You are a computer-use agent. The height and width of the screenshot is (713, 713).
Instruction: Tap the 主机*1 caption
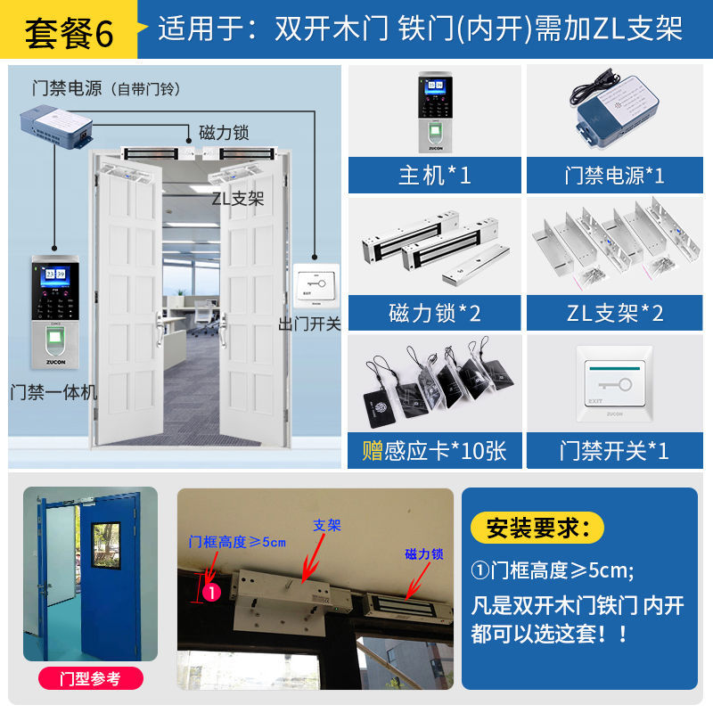point(434,175)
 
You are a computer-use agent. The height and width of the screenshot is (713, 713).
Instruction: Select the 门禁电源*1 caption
point(614,175)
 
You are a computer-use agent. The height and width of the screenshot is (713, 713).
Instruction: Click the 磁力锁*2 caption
point(434,313)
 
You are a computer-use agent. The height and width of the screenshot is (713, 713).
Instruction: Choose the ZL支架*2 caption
point(614,313)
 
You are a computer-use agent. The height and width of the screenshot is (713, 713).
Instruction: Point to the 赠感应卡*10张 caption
point(434,450)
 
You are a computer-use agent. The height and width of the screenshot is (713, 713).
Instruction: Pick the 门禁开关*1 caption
point(614,450)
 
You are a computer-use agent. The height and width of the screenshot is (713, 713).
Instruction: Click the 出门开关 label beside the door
point(309,324)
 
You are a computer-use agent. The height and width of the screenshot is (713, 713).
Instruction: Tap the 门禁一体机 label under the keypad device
point(53,392)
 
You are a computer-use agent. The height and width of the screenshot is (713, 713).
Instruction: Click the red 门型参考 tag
point(91,678)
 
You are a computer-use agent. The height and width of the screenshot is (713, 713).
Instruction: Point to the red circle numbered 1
point(212,590)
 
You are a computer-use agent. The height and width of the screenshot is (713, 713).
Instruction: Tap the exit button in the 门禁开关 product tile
point(615,384)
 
